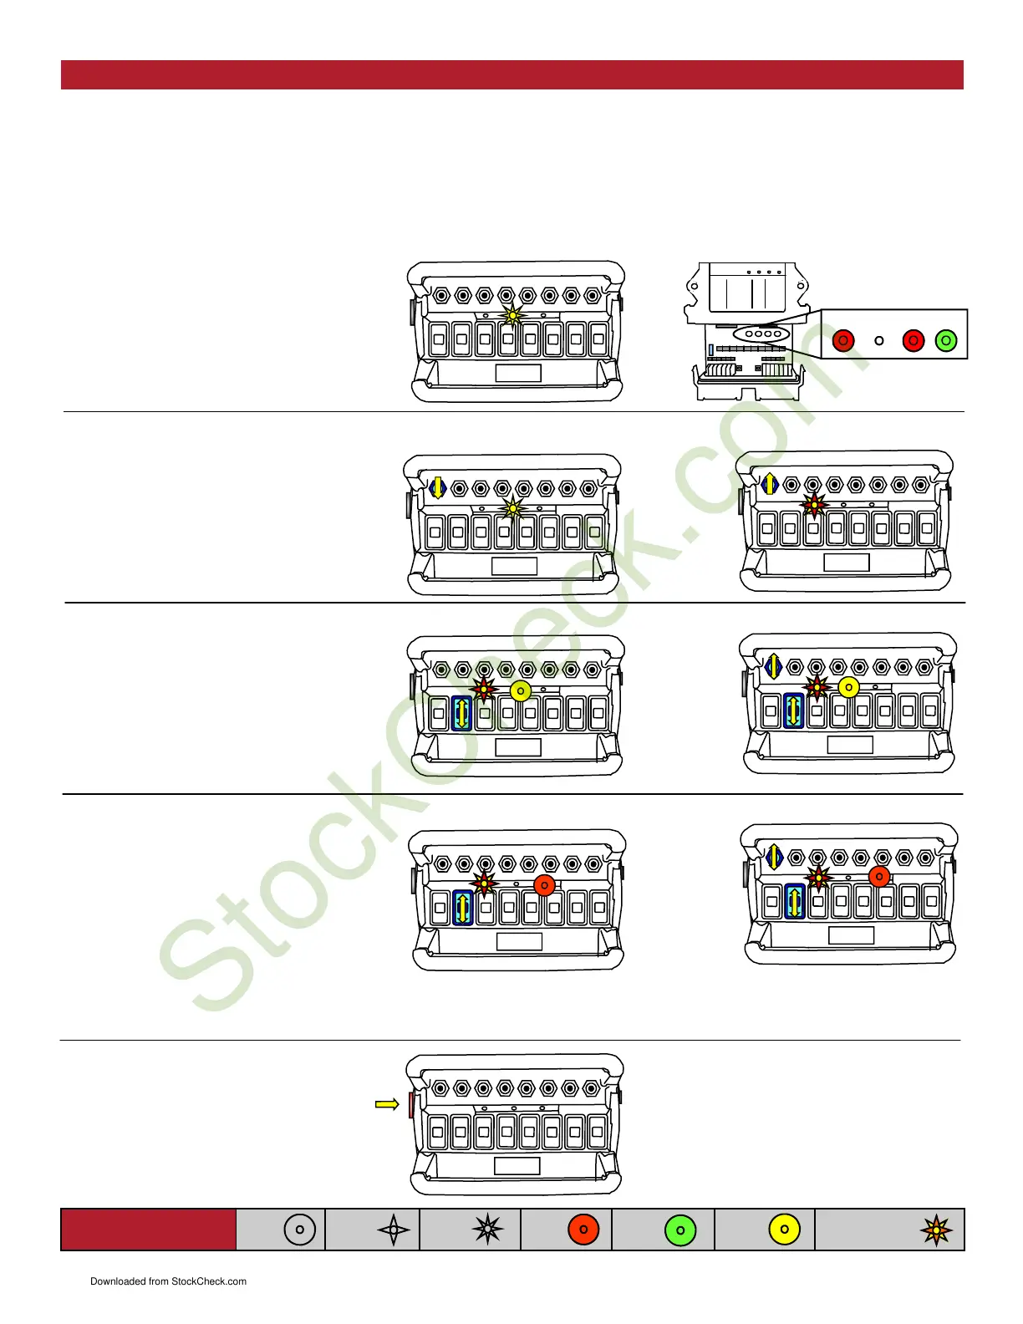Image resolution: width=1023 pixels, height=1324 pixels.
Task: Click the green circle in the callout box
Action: tap(945, 341)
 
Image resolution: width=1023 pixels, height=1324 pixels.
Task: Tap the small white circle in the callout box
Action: tap(878, 341)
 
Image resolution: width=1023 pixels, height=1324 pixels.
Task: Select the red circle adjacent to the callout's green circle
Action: tap(914, 341)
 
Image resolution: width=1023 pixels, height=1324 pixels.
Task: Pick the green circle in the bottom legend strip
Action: tap(680, 1230)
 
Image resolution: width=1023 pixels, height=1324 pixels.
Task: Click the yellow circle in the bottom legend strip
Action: tap(784, 1230)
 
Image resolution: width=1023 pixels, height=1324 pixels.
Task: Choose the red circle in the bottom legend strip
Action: tap(583, 1230)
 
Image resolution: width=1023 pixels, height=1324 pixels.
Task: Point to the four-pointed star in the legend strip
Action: tap(394, 1230)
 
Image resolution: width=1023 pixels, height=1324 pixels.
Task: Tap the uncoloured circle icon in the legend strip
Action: tap(300, 1230)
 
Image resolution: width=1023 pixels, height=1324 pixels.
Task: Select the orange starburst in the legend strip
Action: tap(936, 1230)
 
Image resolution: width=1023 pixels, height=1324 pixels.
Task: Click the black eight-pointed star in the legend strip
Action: tap(487, 1230)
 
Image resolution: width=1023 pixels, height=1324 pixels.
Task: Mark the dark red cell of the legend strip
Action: tap(148, 1230)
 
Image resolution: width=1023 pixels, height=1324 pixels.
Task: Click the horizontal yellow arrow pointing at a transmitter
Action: tap(387, 1104)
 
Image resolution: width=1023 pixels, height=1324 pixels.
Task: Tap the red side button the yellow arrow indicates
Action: tap(410, 1105)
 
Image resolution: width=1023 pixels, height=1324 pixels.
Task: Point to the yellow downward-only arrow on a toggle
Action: tap(437, 486)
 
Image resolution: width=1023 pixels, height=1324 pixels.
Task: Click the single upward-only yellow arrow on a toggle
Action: tap(770, 483)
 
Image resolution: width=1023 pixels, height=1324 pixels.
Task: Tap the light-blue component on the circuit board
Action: tap(710, 350)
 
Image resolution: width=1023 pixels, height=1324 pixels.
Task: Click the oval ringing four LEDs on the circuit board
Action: tap(761, 334)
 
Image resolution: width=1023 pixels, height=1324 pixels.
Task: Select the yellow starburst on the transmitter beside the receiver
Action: tap(511, 316)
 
